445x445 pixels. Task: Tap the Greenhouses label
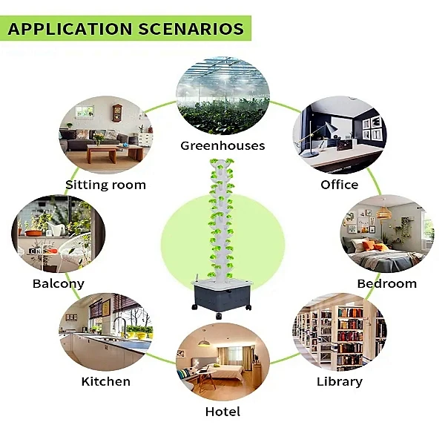(222, 145)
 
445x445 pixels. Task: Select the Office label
(339, 185)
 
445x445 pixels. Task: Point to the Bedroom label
(386, 283)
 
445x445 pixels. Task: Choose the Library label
(339, 381)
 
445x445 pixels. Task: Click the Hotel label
(222, 411)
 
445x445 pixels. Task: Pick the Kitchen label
(105, 381)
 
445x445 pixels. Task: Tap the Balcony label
(59, 283)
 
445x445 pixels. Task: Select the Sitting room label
(105, 185)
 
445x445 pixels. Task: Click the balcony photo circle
(58, 233)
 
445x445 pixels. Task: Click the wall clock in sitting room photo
(116, 113)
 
